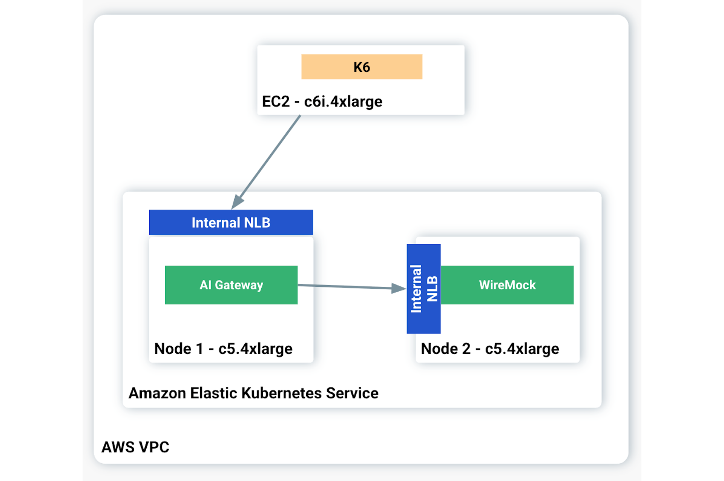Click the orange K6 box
coord(362,67)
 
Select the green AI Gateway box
coord(231,285)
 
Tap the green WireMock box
coord(507,285)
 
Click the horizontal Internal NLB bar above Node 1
coord(231,222)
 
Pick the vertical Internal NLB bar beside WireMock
coord(423,289)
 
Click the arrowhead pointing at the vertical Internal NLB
coord(399,288)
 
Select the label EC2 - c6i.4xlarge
coord(322,101)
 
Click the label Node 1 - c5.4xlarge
coord(223,349)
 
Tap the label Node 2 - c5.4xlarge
coord(490,349)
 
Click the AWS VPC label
coord(135,447)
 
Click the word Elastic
coord(213,393)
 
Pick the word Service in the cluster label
coord(352,393)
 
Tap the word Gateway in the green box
coord(239,285)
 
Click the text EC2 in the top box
coord(276,101)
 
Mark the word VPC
coord(154,447)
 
